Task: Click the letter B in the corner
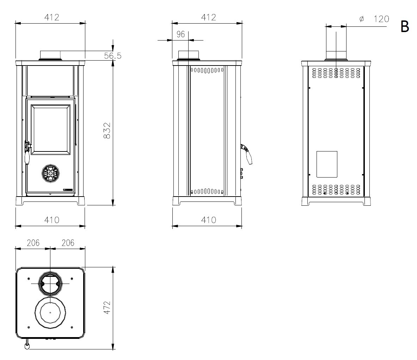[x=405, y=26]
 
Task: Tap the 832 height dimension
[x=107, y=130]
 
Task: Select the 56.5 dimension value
[x=112, y=56]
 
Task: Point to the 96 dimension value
[x=180, y=34]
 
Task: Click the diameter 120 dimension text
[x=374, y=19]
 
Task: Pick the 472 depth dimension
[x=107, y=308]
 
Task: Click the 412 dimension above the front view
[x=51, y=17]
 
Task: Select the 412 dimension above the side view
[x=209, y=17]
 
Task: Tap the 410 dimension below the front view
[x=51, y=220]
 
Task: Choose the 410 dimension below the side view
[x=209, y=220]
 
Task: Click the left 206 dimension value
[x=33, y=243]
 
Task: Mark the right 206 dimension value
[x=68, y=243]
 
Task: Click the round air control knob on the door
[x=50, y=174]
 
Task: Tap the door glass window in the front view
[x=50, y=129]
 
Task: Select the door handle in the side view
[x=247, y=154]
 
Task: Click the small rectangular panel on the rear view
[x=327, y=164]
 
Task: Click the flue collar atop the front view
[x=50, y=55]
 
